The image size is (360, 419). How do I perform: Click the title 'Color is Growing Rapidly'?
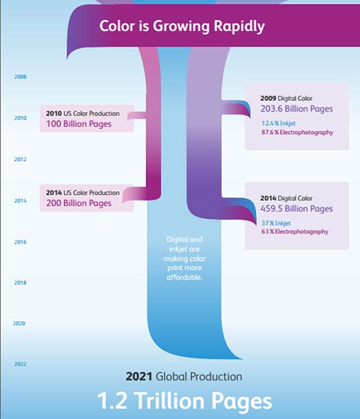[181, 27]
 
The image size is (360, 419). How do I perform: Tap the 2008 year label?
[20, 77]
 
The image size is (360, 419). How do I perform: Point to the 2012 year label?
[20, 159]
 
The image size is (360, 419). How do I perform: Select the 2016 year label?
[20, 242]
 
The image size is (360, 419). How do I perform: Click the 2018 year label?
[20, 283]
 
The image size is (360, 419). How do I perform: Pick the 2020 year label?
[19, 324]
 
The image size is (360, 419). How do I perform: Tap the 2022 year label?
[20, 364]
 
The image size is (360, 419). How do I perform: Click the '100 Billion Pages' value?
[79, 123]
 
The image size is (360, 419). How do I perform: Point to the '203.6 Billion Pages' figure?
[297, 109]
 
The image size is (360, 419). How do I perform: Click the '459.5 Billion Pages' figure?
[297, 209]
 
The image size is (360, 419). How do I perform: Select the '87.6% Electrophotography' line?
[297, 132]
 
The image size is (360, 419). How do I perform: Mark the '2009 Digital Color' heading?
[287, 98]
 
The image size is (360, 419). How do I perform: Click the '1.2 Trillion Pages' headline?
[184, 401]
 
